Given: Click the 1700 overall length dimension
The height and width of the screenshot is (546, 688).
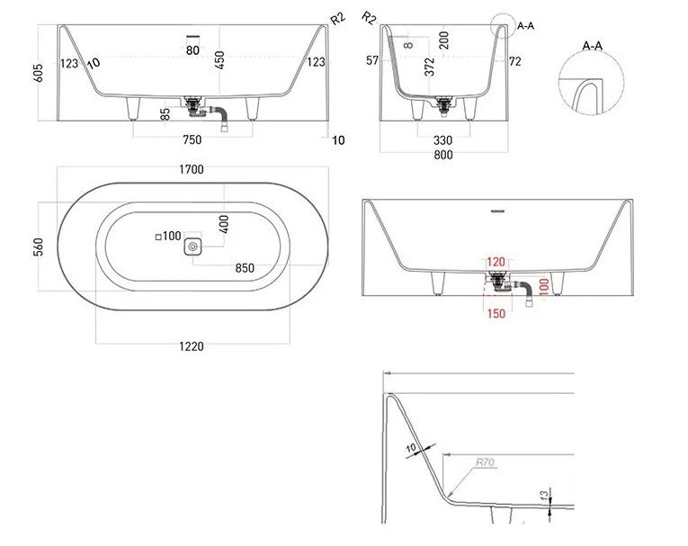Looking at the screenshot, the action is [192, 169].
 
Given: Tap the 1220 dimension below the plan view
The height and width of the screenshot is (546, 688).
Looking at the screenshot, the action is [192, 346].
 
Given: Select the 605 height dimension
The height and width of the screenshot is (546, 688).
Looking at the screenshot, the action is [38, 73].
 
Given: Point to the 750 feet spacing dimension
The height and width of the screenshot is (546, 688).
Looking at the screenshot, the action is [192, 139].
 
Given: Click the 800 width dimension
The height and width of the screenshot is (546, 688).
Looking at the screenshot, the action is [443, 155].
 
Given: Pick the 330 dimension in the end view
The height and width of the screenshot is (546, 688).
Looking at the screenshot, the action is [442, 140].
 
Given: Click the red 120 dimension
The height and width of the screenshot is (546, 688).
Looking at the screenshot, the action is [496, 262].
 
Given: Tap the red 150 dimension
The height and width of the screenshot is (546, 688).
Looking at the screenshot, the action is [496, 313].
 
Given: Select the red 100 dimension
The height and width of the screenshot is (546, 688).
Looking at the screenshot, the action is [543, 286].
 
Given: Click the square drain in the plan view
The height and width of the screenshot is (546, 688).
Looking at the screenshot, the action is [192, 246].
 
